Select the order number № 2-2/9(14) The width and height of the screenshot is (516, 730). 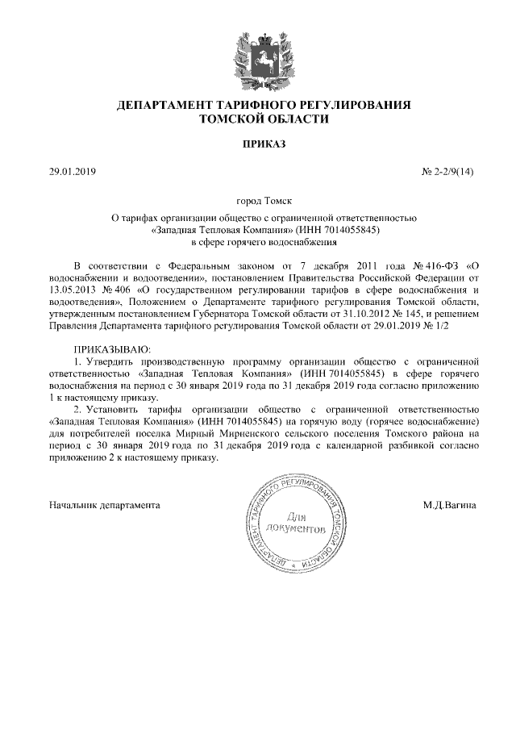click(x=448, y=172)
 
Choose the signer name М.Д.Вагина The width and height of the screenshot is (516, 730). click(x=449, y=505)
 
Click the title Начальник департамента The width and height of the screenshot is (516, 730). click(x=104, y=505)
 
